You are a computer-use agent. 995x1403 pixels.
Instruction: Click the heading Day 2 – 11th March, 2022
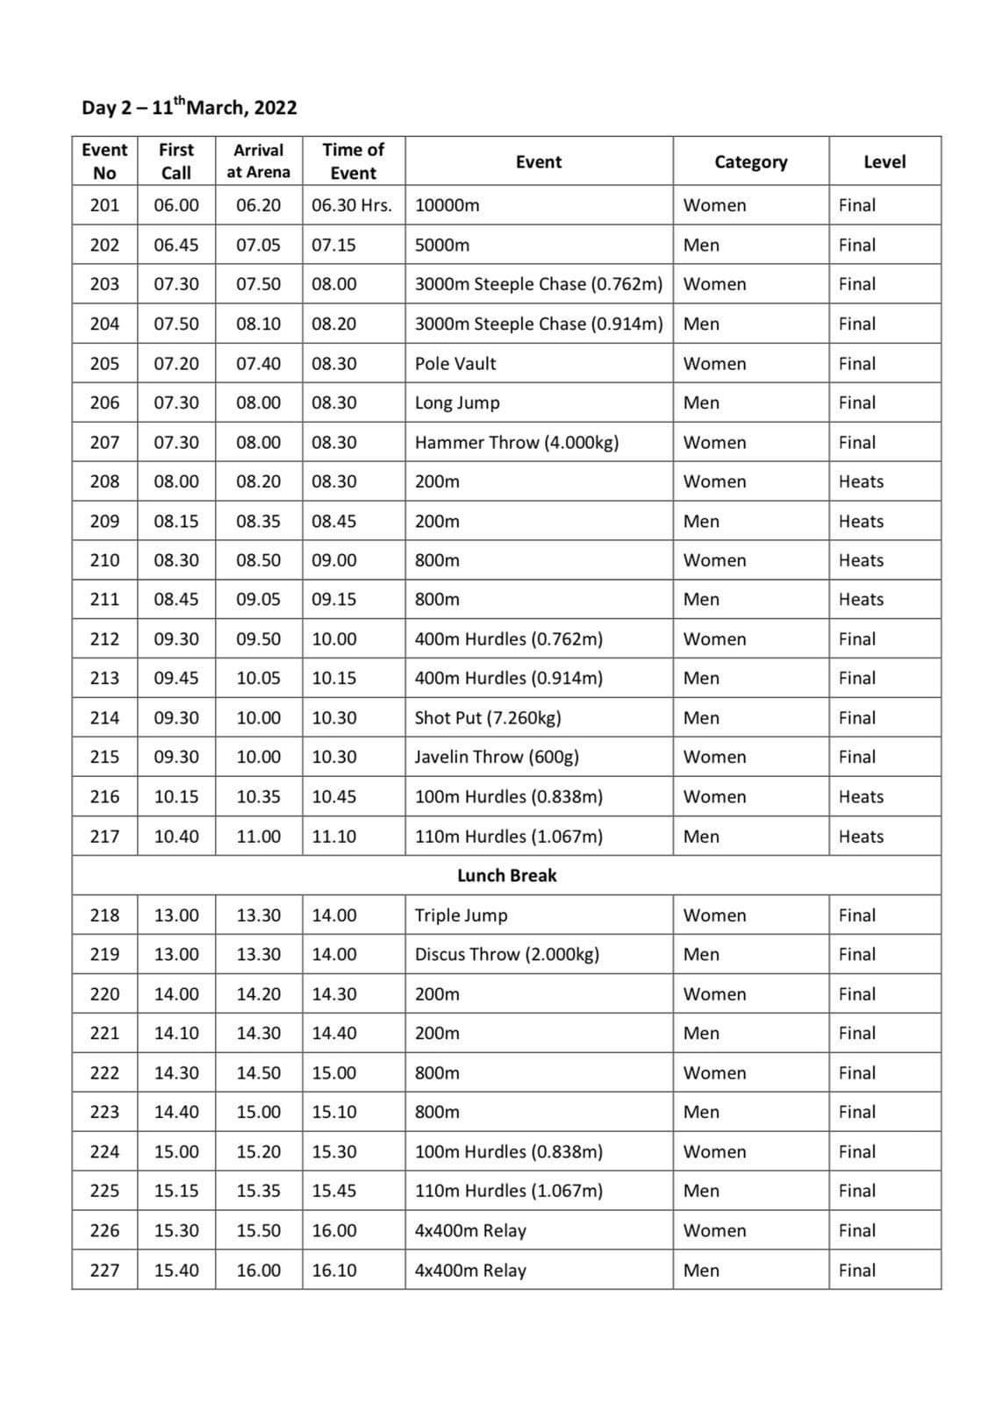pos(190,108)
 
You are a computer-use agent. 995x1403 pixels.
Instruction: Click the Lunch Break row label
pos(506,875)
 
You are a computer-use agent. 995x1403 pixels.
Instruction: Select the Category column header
pos(750,161)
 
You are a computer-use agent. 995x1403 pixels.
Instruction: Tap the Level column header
pos(884,161)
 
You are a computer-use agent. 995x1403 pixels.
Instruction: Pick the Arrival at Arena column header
pos(258,161)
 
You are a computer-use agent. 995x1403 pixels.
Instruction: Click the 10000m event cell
pos(447,205)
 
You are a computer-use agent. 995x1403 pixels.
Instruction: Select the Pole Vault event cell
pos(455,363)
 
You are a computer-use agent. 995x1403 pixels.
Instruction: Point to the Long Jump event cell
pos(457,402)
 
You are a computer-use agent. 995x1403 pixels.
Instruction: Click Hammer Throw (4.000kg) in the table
pos(517,442)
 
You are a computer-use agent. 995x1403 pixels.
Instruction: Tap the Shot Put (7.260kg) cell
pos(488,717)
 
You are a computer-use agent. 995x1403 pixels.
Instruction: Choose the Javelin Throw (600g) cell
pos(497,757)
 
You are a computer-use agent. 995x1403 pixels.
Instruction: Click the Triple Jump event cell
pos(461,915)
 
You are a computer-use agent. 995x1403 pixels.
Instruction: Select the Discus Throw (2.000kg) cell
pos(507,954)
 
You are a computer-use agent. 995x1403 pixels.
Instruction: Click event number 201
pos(104,205)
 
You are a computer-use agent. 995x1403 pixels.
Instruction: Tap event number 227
pos(104,1270)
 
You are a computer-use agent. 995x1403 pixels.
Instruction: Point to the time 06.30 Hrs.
pos(352,205)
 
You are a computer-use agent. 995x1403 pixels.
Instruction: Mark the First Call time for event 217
pos(176,837)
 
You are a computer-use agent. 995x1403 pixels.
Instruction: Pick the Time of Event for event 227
pos(334,1270)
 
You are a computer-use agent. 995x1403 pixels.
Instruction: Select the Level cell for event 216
pos(861,796)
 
